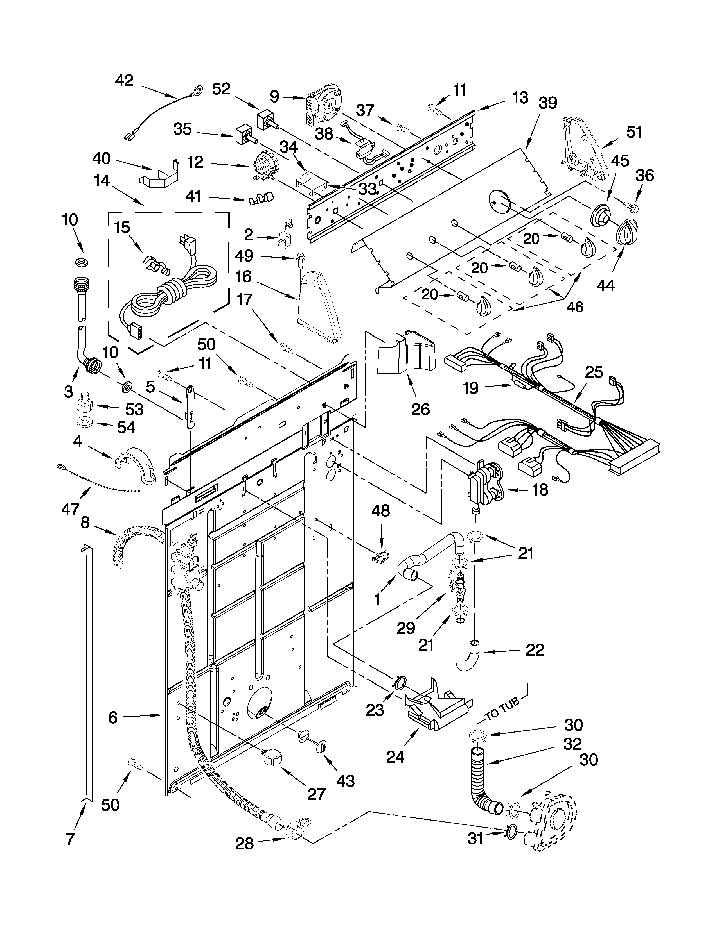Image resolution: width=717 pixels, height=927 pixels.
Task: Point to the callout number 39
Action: point(547,103)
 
